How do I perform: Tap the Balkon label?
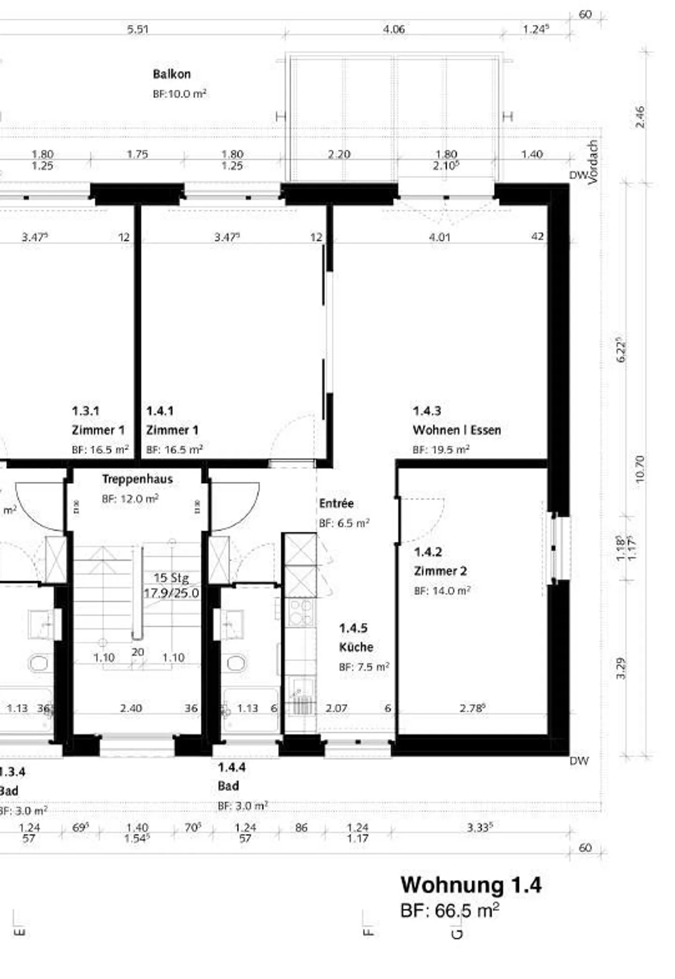(172, 74)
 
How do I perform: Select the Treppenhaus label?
(137, 479)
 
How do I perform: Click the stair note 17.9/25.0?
(171, 593)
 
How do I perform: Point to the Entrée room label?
(336, 503)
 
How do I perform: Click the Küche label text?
(356, 647)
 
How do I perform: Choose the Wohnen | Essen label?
(457, 430)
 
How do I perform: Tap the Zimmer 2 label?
(440, 571)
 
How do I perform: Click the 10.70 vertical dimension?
(640, 469)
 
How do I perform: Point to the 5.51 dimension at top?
(138, 30)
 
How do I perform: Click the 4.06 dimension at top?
(394, 30)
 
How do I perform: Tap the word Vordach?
(593, 162)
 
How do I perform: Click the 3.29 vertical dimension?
(621, 668)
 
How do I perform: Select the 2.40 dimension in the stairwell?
(131, 708)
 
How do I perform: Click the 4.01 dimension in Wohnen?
(439, 237)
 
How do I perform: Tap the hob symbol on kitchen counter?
(300, 612)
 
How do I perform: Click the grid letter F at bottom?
(368, 932)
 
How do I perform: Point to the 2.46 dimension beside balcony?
(640, 117)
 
